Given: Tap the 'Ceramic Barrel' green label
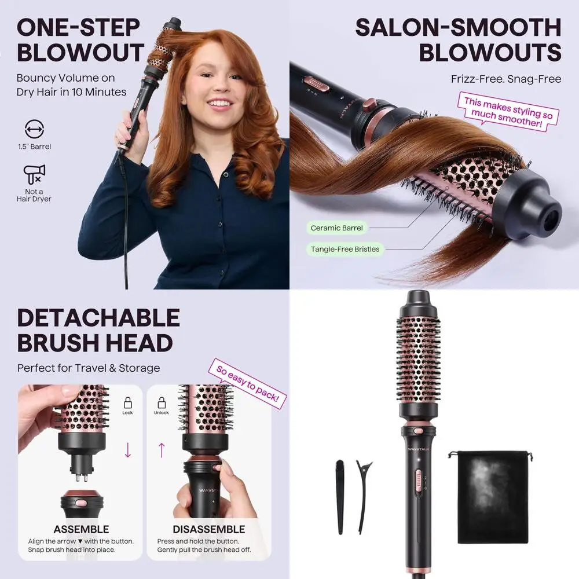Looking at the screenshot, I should click(336, 228).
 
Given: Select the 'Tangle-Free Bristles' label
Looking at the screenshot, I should click(345, 249).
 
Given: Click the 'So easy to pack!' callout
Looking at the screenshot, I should click(247, 384).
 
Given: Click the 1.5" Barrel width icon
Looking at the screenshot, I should click(34, 129).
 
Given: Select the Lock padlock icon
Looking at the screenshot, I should click(127, 404).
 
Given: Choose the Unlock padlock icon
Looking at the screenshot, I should click(162, 404).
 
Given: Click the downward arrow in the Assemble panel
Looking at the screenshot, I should click(128, 449).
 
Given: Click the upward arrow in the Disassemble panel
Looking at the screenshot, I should click(162, 449).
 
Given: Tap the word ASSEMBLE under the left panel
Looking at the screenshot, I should click(81, 529).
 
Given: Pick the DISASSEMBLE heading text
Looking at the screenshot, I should click(208, 529).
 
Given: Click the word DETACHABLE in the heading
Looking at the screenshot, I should click(98, 318).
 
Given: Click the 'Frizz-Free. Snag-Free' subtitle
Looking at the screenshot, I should click(506, 79).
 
